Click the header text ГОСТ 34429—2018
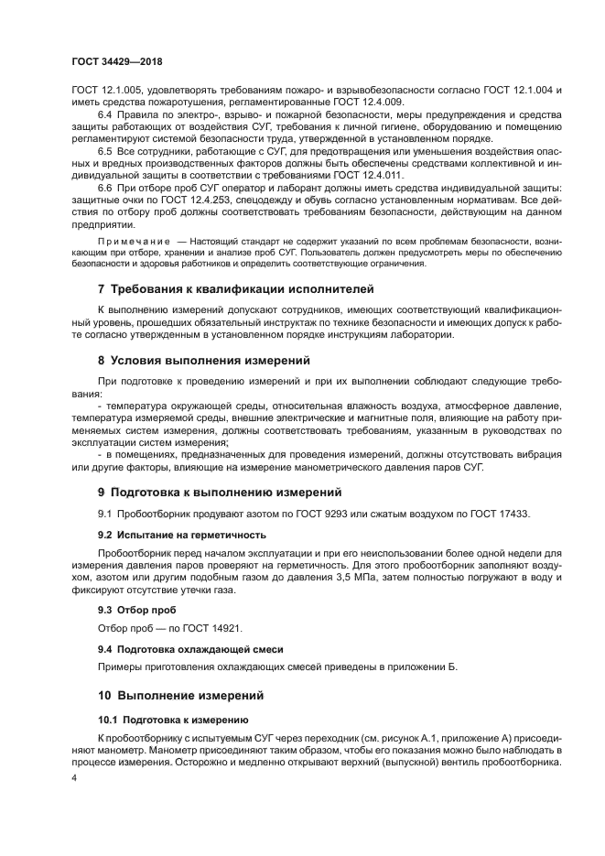[x=111, y=62]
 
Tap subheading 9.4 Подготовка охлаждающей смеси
[x=190, y=648]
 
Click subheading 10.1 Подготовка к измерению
[x=174, y=720]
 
